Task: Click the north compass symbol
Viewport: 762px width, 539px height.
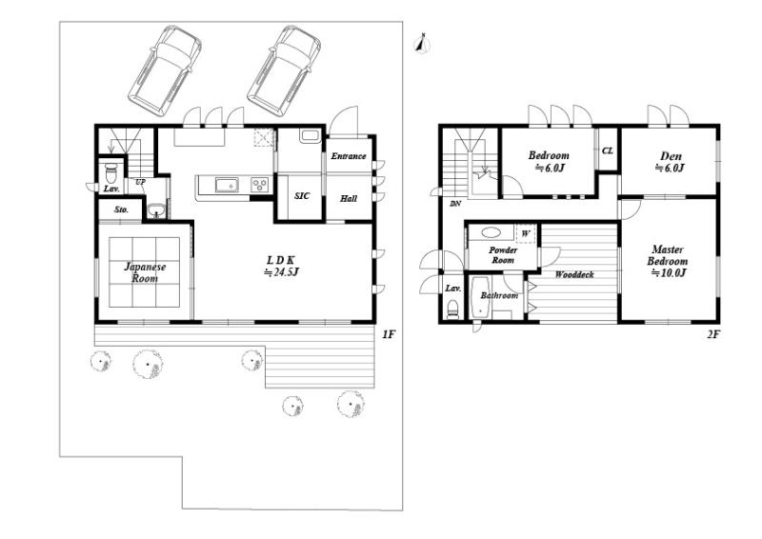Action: click(422, 43)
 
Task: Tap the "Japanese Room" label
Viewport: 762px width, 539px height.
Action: click(145, 272)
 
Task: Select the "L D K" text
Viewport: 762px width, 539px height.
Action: click(279, 260)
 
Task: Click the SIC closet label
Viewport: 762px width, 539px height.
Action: click(302, 196)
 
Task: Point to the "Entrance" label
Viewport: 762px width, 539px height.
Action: click(349, 156)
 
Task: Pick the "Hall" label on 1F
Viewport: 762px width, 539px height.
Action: click(349, 198)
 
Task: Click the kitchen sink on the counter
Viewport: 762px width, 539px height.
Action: click(227, 185)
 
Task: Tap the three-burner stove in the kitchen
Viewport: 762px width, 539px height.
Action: click(259, 185)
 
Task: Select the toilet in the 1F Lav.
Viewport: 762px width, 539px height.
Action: click(111, 171)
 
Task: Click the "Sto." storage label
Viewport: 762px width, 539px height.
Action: click(122, 210)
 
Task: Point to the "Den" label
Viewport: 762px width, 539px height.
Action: click(671, 156)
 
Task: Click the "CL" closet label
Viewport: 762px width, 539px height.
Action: click(608, 150)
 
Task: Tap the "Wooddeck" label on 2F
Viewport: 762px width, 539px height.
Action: click(574, 274)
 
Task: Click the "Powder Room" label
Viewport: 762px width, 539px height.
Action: click(503, 255)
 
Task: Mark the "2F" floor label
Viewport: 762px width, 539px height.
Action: click(712, 334)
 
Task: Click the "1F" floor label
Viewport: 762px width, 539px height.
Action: click(389, 334)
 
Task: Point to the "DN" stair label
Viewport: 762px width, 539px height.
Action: click(455, 204)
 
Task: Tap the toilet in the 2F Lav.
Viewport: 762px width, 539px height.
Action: click(453, 309)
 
